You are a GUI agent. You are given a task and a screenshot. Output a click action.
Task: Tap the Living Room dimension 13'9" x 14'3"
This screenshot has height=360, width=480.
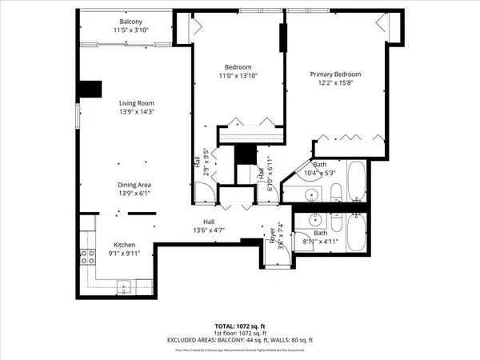136,112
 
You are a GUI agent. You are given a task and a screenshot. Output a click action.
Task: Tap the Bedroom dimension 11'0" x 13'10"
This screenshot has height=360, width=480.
238,76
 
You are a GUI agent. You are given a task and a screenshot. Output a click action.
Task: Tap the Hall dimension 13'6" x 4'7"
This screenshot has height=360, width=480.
208,230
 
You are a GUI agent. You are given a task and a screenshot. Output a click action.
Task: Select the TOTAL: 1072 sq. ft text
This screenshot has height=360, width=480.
239,327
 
